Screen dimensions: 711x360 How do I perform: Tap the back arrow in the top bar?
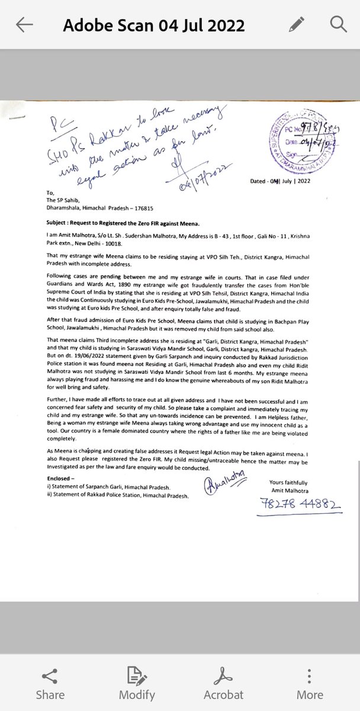tap(24, 24)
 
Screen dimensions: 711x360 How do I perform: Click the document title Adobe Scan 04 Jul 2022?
tap(153, 25)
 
